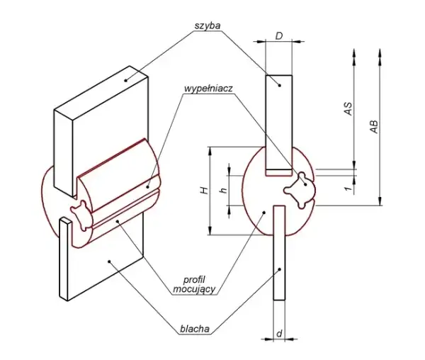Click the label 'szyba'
[208, 26]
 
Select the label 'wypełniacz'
[208, 89]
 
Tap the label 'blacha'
[195, 329]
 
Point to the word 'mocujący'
[194, 289]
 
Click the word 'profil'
[194, 279]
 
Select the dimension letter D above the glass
[279, 35]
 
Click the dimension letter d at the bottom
[280, 334]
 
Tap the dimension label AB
[374, 127]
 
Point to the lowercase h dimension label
[224, 191]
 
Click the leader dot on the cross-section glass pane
[280, 85]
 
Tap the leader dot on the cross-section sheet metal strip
[280, 269]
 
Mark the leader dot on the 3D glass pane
[126, 80]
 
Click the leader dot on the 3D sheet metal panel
[109, 261]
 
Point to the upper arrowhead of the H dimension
[210, 151]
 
